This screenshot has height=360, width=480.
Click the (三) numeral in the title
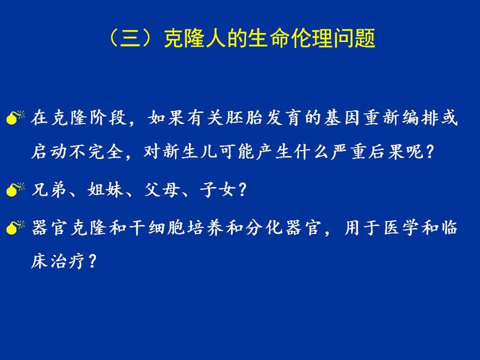coord(130,39)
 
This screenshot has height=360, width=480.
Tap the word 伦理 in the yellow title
coord(311,39)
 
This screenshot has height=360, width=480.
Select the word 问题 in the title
coord(354,39)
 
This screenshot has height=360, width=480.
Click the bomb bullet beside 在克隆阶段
coord(15,118)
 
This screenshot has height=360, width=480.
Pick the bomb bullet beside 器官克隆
coord(15,227)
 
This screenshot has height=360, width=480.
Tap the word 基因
coord(342,118)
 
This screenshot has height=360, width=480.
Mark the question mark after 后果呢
coord(430,151)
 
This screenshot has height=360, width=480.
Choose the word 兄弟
coord(50,190)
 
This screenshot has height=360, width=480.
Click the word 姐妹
coord(106,190)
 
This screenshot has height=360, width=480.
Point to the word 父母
coord(162,190)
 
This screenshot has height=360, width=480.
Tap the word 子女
coord(218,190)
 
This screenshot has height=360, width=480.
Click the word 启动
coord(50,151)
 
